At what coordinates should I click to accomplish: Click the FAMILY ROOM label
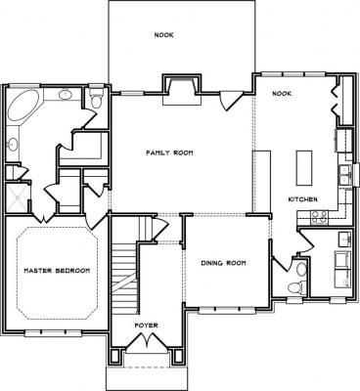pyautogui.click(x=169, y=152)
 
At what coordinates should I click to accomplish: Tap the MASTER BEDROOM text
pyautogui.click(x=57, y=271)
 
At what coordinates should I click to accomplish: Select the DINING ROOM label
pyautogui.click(x=223, y=263)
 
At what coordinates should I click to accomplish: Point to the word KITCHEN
pyautogui.click(x=303, y=199)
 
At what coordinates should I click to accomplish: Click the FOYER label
pyautogui.click(x=147, y=326)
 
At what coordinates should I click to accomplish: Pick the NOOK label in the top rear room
pyautogui.click(x=164, y=35)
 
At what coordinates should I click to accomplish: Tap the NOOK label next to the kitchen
pyautogui.click(x=282, y=94)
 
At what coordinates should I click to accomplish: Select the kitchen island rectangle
pyautogui.click(x=304, y=168)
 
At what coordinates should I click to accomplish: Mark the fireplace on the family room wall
pyautogui.click(x=182, y=89)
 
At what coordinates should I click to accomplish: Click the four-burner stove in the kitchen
pyautogui.click(x=319, y=218)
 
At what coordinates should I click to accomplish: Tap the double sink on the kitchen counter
pyautogui.click(x=344, y=175)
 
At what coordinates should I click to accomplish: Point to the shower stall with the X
pyautogui.click(x=18, y=198)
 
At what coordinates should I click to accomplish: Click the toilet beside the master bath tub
pyautogui.click(x=96, y=99)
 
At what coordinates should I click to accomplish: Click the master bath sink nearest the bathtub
pyautogui.click(x=66, y=95)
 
